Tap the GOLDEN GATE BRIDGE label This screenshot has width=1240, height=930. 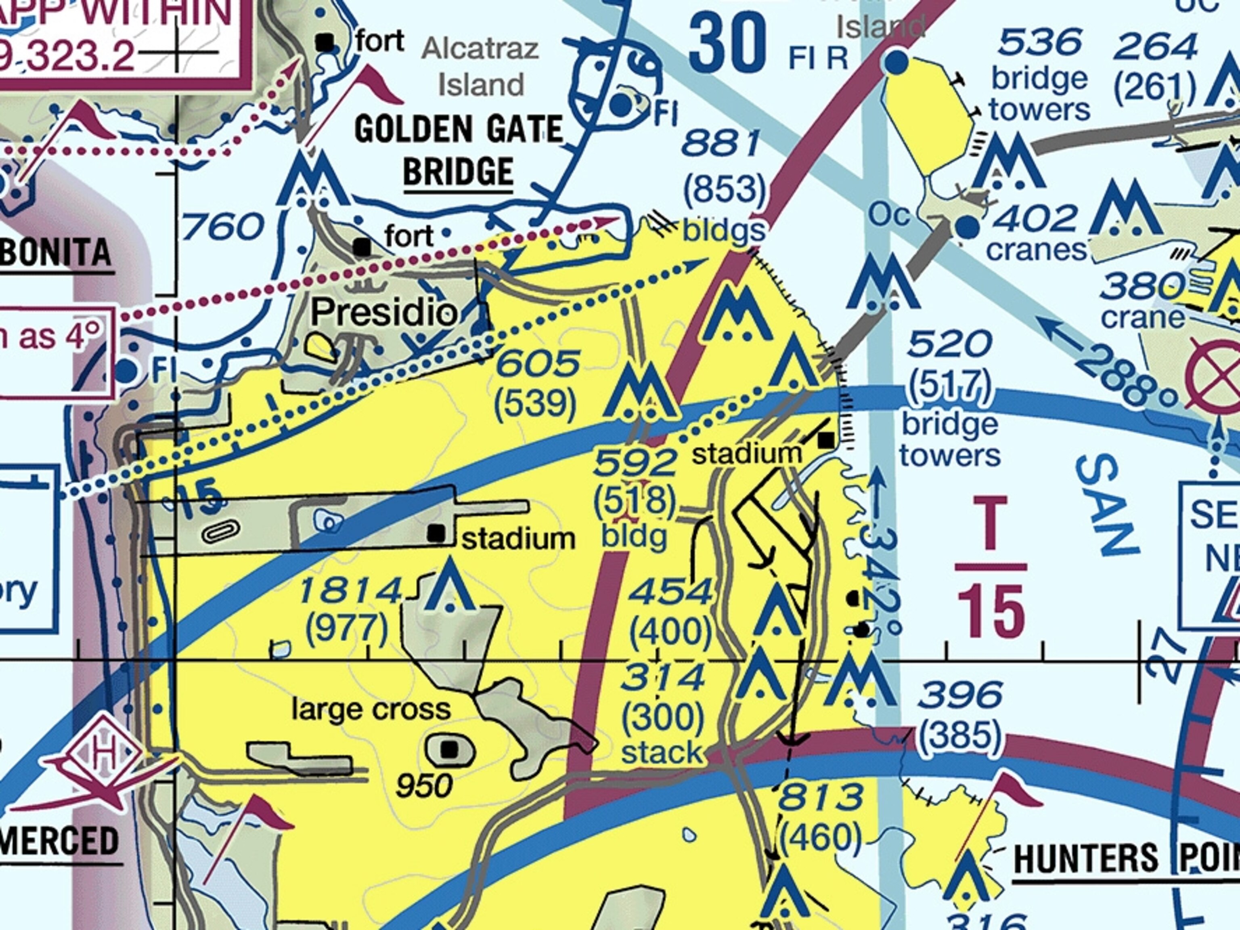(x=458, y=150)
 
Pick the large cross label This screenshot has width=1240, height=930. (x=371, y=710)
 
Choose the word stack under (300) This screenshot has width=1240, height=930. (x=662, y=753)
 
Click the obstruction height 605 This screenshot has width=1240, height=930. (x=537, y=363)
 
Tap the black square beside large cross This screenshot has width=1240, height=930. (x=449, y=749)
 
